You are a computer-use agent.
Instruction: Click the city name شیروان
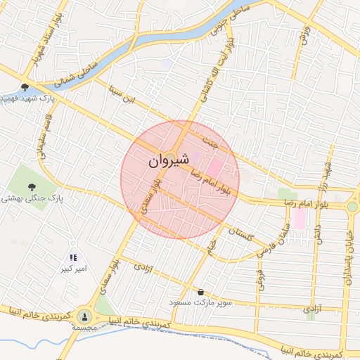pos(169,161)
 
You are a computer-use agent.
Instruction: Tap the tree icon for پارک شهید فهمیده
pos(25,87)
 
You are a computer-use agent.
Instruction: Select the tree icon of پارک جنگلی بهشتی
pos(32,186)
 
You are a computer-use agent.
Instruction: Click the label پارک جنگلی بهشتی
pos(32,200)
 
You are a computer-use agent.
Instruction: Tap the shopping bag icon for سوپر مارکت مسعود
pos(202,292)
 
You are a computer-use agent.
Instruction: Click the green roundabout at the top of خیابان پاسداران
pos(352,207)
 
